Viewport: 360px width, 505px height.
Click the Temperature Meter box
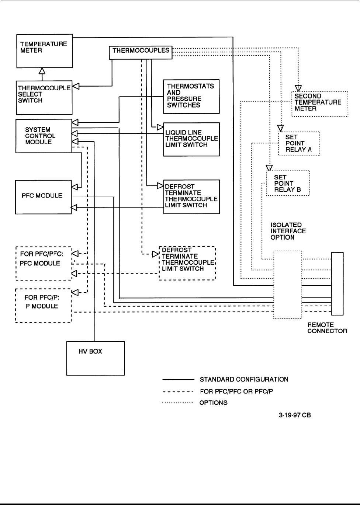[x=44, y=50]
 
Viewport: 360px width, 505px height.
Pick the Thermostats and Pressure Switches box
[x=191, y=96]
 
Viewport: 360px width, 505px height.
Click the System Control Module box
[x=43, y=136]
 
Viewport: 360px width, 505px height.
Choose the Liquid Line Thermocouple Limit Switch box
[x=191, y=139]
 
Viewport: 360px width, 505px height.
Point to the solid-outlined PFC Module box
[x=43, y=197]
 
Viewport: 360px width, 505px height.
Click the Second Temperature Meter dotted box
[x=320, y=104]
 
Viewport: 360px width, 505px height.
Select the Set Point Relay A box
[x=299, y=144]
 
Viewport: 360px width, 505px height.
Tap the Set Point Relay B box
[x=288, y=183]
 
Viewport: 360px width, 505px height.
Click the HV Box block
[x=95, y=358]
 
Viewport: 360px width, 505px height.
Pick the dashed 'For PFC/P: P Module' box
[x=43, y=306]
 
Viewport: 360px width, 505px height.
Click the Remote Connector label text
[x=327, y=328]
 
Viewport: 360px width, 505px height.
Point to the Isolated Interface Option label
[x=288, y=231]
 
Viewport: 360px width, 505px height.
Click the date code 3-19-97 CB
[x=294, y=415]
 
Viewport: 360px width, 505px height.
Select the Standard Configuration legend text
[x=244, y=379]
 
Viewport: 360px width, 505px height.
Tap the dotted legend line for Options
[x=177, y=403]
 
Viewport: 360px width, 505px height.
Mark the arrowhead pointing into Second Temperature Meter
[x=299, y=88]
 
